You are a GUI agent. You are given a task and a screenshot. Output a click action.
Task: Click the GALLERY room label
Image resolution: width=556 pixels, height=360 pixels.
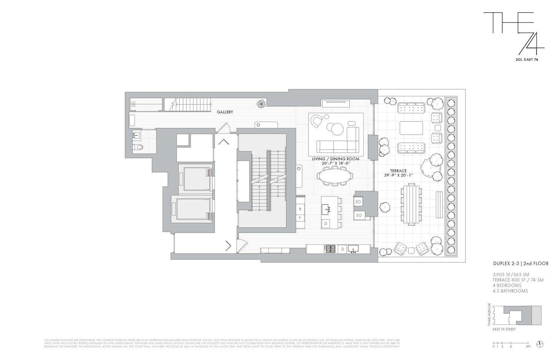225,112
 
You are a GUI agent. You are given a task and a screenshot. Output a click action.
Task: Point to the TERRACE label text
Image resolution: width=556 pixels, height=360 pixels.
398,171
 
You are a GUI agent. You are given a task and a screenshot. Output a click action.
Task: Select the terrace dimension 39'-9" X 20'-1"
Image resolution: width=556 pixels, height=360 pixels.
398,176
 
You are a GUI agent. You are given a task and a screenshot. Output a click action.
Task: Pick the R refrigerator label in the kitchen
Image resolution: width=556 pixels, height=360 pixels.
300,209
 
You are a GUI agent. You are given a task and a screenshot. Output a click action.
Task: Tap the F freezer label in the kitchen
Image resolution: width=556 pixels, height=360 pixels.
300,218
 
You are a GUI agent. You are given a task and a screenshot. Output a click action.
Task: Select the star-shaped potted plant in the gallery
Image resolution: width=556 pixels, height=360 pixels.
261,103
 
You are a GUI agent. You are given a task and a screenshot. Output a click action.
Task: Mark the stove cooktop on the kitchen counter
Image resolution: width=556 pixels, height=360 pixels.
330,249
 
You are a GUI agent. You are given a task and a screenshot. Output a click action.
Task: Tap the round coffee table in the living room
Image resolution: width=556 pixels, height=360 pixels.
337,129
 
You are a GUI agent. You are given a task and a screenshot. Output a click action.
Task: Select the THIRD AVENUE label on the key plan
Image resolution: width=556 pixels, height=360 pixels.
489,314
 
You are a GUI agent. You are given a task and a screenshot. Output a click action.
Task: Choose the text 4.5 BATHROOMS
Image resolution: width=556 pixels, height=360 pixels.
510,291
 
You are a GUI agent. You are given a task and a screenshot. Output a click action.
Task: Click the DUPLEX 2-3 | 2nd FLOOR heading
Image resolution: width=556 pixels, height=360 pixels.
520,264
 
